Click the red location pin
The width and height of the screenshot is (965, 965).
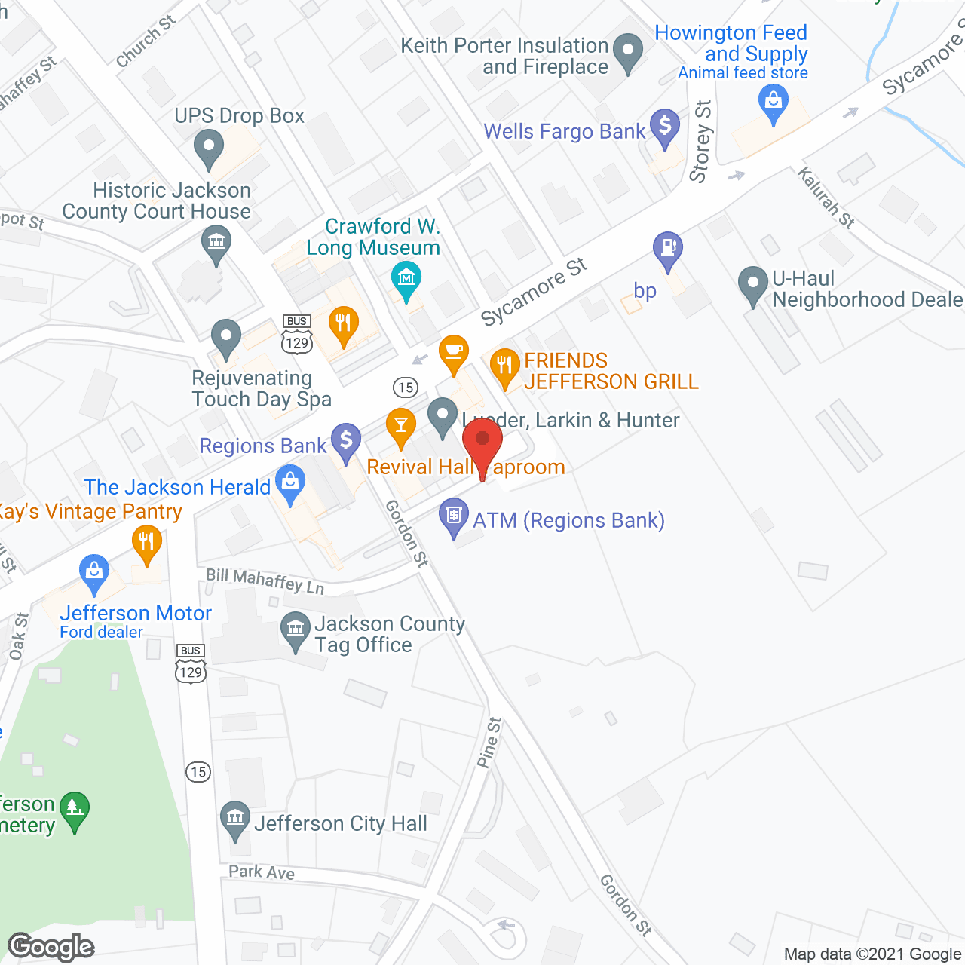(482, 443)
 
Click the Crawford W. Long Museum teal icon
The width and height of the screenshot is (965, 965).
(407, 278)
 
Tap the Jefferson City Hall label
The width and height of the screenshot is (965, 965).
(341, 823)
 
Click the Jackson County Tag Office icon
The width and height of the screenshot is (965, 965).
(295, 629)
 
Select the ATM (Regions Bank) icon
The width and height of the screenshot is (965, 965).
(453, 516)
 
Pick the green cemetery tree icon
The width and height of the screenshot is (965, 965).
(75, 808)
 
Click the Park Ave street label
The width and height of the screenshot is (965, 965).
(262, 872)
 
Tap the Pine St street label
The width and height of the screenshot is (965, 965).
(489, 743)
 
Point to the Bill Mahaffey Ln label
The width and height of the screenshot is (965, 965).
(265, 580)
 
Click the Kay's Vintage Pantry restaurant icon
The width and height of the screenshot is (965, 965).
(147, 542)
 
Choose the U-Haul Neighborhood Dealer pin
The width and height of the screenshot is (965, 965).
(752, 284)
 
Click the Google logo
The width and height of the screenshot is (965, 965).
(51, 948)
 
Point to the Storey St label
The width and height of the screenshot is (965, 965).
(701, 142)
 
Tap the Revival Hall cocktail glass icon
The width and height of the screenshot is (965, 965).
(401, 426)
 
